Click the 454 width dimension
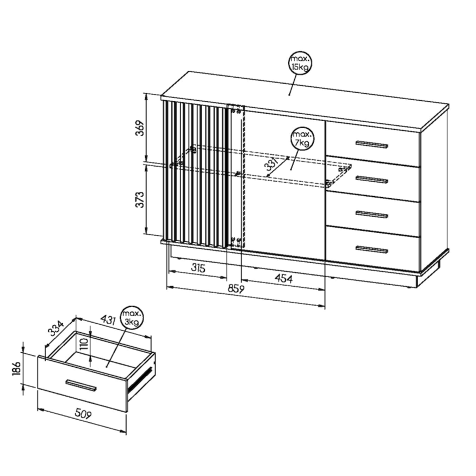click(284, 279)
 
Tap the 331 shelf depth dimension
click(273, 165)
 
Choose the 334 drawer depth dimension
click(56, 327)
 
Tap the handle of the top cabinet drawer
click(371, 144)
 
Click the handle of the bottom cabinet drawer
click(371, 249)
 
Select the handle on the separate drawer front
click(81, 385)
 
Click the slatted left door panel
click(196, 174)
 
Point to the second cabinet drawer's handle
click(371, 180)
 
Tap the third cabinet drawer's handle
click(371, 214)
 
